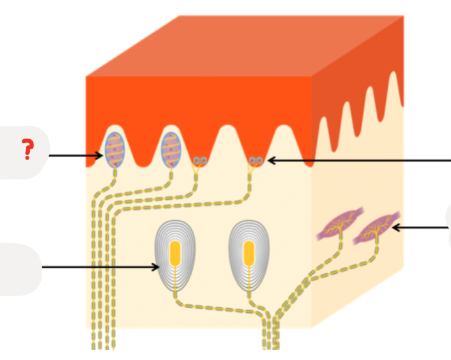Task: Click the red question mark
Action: [x=27, y=149]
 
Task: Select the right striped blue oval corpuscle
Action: [x=171, y=150]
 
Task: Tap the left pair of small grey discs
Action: [x=200, y=161]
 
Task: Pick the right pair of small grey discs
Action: [x=256, y=160]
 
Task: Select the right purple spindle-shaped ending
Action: [x=377, y=226]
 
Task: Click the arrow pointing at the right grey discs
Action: [x=358, y=161]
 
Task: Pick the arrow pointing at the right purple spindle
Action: [x=422, y=227]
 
